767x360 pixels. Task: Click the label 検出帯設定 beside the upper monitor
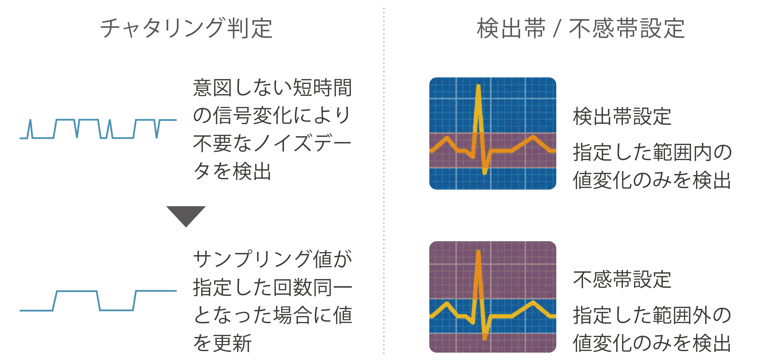[622, 116]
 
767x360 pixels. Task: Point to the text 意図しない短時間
[272, 88]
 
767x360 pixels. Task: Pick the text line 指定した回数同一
[272, 287]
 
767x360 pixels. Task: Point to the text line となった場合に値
[272, 315]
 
